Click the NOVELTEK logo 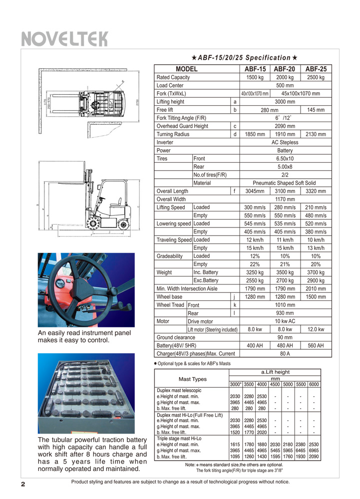point(64,38)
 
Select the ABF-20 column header point(285,69)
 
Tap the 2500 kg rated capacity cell point(316,77)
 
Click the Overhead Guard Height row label point(182,126)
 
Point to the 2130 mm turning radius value point(316,134)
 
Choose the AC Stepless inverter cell point(285,142)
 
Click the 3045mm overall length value point(255,191)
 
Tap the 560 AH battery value point(316,345)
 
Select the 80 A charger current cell point(285,354)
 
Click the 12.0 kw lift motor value point(316,329)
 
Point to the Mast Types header point(192,379)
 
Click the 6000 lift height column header point(314,384)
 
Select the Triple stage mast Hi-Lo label point(179,438)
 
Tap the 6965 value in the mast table point(314,450)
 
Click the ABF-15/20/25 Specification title point(247,58)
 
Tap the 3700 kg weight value point(316,272)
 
